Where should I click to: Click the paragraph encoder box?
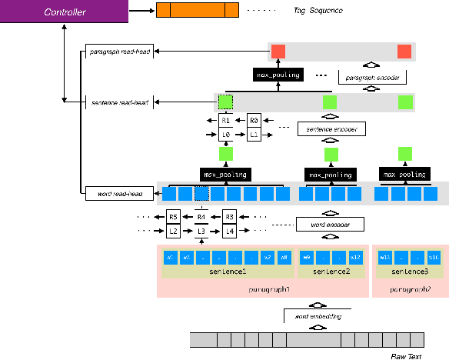371,78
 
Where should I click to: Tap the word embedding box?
317,315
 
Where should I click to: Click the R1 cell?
225,121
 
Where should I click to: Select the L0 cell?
225,135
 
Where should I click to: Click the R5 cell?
174,218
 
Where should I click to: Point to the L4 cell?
228,231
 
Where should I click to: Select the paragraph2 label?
409,289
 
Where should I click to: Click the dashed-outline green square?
225,102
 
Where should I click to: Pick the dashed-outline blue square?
201,193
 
